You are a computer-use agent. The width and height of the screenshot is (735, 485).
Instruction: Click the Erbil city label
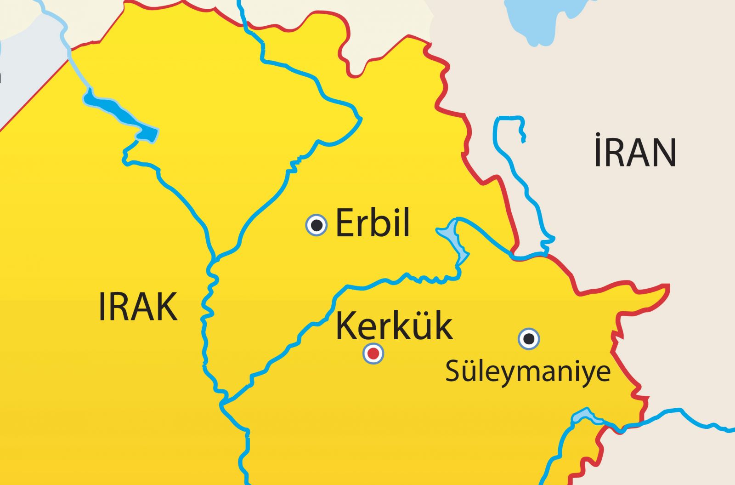[373, 223]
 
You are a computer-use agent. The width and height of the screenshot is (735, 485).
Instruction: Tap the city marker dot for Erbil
[317, 225]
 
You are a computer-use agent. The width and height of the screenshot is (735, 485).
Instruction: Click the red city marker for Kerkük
[373, 354]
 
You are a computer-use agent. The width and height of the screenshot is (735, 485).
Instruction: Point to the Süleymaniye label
[528, 371]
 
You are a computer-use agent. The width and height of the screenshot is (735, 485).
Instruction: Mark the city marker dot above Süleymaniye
[529, 339]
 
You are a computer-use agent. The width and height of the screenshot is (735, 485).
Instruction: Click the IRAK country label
[138, 307]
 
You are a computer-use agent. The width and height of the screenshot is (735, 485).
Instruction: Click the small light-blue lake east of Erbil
[452, 237]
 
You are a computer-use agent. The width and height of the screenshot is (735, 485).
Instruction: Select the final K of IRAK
[168, 307]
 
